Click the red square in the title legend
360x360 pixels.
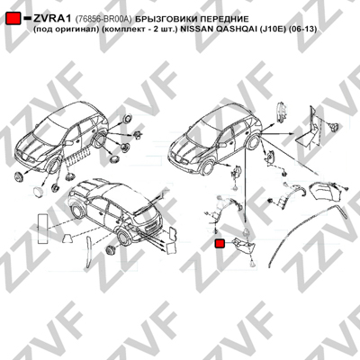13,19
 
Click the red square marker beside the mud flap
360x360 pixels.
220,243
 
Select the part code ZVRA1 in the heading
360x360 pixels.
52,19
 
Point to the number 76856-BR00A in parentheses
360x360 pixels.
103,19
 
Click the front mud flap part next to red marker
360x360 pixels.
245,246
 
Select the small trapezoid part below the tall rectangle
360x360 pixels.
67,238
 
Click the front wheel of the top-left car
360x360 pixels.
53,166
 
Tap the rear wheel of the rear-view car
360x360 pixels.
123,237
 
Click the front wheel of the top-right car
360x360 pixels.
207,168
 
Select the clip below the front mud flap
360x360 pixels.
253,264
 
